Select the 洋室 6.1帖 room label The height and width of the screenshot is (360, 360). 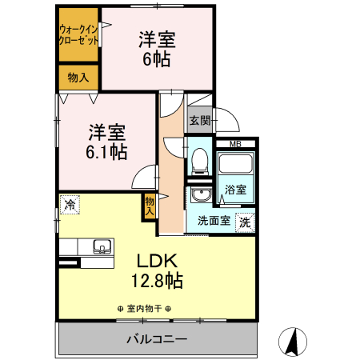pos(105,142)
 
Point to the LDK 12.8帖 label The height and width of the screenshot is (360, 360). pos(155,270)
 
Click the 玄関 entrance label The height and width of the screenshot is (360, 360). pos(199,122)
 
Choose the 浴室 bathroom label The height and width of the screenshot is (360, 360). pos(235,190)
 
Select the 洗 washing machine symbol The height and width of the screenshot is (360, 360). pos(246,222)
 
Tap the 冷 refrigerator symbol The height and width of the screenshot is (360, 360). pos(70,206)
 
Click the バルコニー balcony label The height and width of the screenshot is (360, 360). pos(157,339)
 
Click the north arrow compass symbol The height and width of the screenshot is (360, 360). pos(292,342)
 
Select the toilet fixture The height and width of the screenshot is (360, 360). pos(199,162)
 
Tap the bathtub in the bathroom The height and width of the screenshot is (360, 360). pos(235,167)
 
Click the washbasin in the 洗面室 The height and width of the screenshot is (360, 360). pos(200,198)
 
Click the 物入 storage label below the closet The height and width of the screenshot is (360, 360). pos(78,78)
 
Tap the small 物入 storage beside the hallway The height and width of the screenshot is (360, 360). pos(150,206)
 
